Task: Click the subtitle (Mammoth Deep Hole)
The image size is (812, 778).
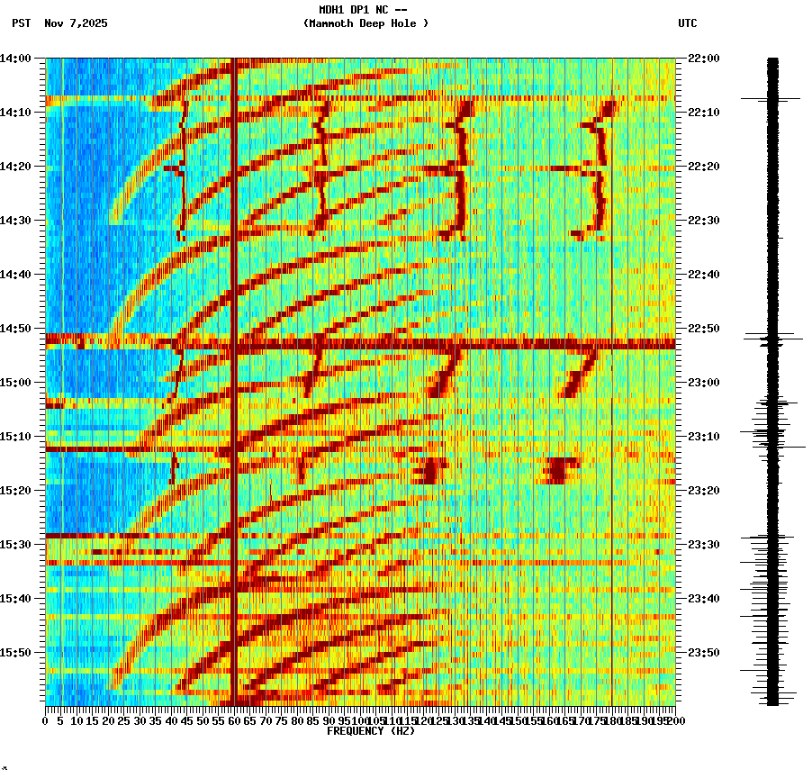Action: pos(365,23)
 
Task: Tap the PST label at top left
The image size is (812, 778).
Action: pos(22,23)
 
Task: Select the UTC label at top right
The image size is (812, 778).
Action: pos(687,23)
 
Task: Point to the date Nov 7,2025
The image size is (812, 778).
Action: pos(76,23)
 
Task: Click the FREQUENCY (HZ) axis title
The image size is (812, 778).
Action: pos(371,731)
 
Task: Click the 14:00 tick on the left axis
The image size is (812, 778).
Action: pos(15,59)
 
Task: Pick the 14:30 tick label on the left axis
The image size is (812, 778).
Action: pos(15,221)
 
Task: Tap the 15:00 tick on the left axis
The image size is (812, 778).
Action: pos(15,383)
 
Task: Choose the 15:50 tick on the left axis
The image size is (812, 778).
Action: pos(15,653)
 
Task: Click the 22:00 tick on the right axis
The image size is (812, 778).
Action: pos(703,59)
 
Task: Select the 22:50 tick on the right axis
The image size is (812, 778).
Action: pos(703,329)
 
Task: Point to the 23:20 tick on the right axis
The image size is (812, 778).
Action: pos(703,491)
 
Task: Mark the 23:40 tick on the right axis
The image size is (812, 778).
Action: pos(703,599)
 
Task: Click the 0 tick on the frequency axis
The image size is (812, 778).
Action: pos(46,720)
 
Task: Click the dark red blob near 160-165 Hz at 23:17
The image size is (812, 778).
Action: pos(559,470)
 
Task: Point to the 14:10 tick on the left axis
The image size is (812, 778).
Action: pos(15,113)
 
